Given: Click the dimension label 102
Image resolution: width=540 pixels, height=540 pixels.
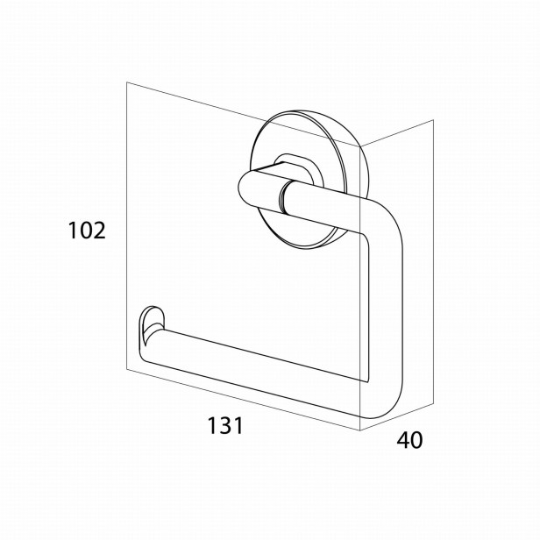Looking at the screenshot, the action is pyautogui.click(x=87, y=231).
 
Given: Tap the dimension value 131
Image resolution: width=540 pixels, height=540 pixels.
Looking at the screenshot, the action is pyautogui.click(x=225, y=425).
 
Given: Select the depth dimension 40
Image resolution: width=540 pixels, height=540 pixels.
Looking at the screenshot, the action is pyautogui.click(x=409, y=440).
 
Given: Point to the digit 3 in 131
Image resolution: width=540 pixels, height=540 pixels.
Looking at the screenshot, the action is pyautogui.click(x=225, y=425).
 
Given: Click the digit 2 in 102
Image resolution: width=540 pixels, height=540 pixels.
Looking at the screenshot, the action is pyautogui.click(x=99, y=231).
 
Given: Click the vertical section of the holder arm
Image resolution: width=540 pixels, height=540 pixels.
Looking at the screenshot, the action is pyautogui.click(x=384, y=310).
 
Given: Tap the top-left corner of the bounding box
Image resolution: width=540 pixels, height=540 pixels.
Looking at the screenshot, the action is pyautogui.click(x=127, y=82).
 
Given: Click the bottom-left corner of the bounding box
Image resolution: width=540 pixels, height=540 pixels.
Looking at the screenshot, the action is pyautogui.click(x=127, y=370).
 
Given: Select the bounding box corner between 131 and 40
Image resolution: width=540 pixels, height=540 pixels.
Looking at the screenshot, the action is pyautogui.click(x=360, y=430).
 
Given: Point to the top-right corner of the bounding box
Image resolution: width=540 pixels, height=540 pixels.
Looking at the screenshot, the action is pyautogui.click(x=433, y=120).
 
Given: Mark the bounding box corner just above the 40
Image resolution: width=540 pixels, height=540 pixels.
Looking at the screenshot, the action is pyautogui.click(x=433, y=402).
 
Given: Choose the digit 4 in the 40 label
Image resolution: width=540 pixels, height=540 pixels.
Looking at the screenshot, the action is pyautogui.click(x=403, y=440).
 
